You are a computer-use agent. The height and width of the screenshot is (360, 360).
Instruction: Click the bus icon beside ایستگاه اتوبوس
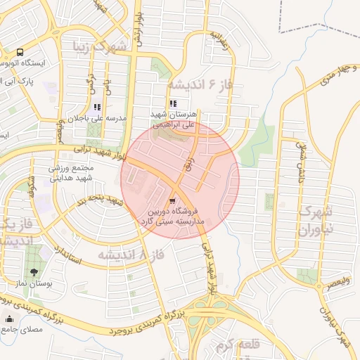pyautogui.click(x=19, y=53)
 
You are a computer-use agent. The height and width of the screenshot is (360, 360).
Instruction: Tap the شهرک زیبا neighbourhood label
pyautogui.click(x=101, y=47)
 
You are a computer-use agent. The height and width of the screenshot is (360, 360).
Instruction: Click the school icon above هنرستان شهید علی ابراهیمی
pyautogui.click(x=174, y=103)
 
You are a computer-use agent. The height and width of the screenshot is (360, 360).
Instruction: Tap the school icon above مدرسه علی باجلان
pyautogui.click(x=97, y=108)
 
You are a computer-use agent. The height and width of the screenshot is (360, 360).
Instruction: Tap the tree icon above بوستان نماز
pyautogui.click(x=34, y=271)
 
